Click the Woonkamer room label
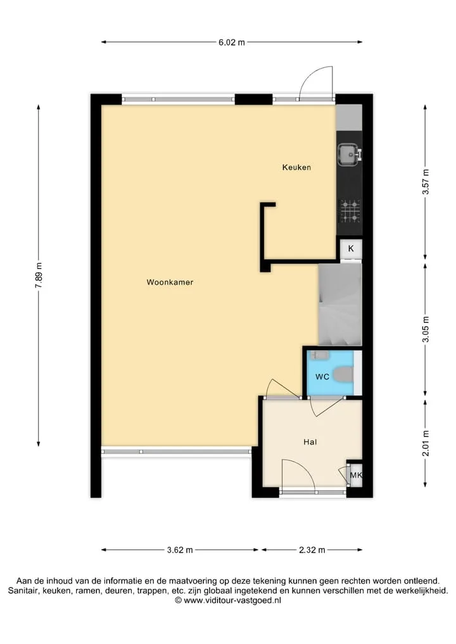coord(170,282)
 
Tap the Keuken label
coord(296,167)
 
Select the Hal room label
coord(310,442)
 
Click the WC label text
coord(322,376)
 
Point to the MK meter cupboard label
coord(356,475)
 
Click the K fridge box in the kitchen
coord(351,248)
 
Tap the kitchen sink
coord(349,155)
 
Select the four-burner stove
coord(349,211)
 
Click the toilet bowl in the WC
coord(343,375)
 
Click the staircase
coord(340,305)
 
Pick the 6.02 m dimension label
coord(232,42)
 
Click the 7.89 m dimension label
coord(39,275)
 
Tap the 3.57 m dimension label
coord(426,182)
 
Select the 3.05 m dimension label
coord(426,329)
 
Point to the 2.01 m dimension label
coord(426,443)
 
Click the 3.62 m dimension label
coord(180,550)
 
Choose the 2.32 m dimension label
coord(312,550)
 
